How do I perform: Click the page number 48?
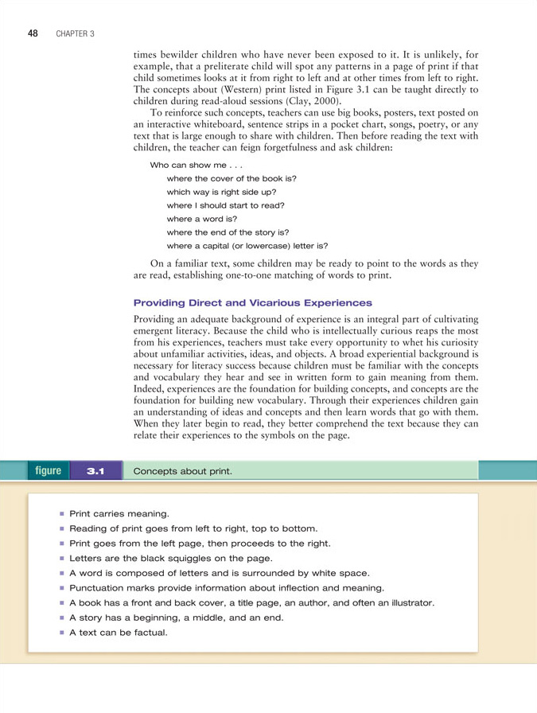pyautogui.click(x=33, y=33)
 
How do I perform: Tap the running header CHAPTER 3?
pyautogui.click(x=76, y=34)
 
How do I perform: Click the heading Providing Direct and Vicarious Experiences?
pyautogui.click(x=253, y=302)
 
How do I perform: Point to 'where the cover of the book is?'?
pyautogui.click(x=231, y=178)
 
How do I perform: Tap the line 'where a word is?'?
pyautogui.click(x=201, y=218)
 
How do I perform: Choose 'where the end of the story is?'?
pyautogui.click(x=227, y=232)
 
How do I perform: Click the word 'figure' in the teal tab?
pyautogui.click(x=48, y=470)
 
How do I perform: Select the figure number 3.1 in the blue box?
pyautogui.click(x=95, y=471)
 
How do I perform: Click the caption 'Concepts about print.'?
pyautogui.click(x=183, y=471)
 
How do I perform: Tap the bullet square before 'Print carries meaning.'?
pyautogui.click(x=60, y=514)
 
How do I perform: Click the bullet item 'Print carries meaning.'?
pyautogui.click(x=119, y=514)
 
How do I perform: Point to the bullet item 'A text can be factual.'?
pyautogui.click(x=118, y=633)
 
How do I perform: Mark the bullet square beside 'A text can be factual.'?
pyautogui.click(x=60, y=633)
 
